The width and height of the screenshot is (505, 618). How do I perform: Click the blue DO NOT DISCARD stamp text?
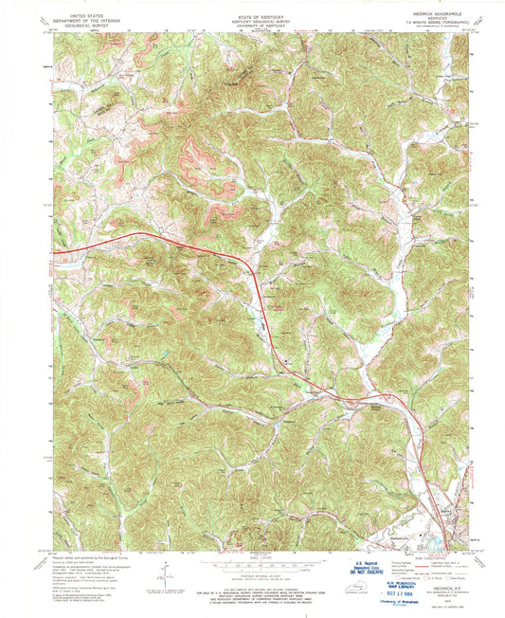pyautogui.click(x=366, y=570)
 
